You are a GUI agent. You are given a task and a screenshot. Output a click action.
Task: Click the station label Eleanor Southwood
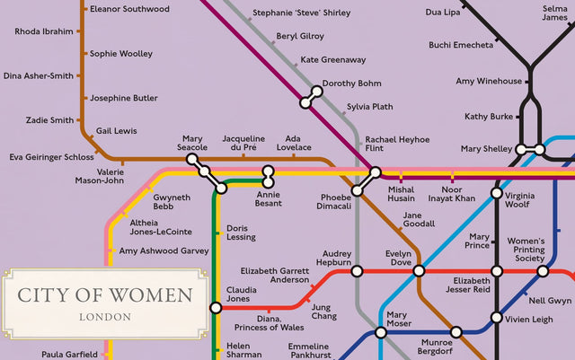tap(129, 9)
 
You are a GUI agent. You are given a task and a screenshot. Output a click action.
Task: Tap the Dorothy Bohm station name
tap(351, 83)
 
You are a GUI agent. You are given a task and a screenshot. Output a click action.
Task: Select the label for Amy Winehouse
tap(489, 82)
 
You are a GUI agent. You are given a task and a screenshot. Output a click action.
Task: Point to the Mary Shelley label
tap(485, 149)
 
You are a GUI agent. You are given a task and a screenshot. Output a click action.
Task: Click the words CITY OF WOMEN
tap(105, 295)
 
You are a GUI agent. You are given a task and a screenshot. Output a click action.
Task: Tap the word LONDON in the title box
tap(105, 317)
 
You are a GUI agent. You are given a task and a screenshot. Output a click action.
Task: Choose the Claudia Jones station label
tap(242, 295)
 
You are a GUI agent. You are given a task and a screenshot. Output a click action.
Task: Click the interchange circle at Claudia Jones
tap(216, 308)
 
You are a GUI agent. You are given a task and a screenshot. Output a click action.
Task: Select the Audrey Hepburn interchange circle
tap(357, 271)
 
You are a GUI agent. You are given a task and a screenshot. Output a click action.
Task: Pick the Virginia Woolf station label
tap(526, 200)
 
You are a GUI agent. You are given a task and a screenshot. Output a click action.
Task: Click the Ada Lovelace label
tap(293, 143)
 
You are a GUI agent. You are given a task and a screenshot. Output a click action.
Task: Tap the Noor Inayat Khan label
tap(451, 194)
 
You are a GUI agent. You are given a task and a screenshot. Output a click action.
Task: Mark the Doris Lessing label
tap(242, 233)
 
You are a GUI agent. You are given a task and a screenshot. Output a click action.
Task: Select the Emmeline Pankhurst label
tap(308, 351)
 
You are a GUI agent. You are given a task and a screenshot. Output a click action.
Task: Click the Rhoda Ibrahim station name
tap(44, 31)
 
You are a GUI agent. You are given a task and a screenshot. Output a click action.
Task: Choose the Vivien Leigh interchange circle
tap(496, 318)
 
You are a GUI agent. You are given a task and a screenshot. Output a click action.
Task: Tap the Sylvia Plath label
tap(369, 107)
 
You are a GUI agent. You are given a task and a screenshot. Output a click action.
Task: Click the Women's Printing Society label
tap(526, 250)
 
